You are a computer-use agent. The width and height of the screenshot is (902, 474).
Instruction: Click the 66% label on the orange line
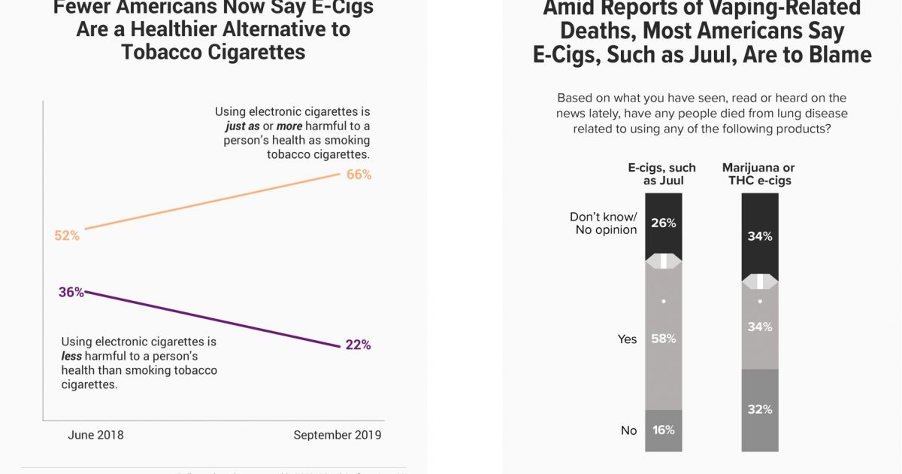[359, 175]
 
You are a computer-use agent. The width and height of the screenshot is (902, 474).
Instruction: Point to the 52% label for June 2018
[67, 235]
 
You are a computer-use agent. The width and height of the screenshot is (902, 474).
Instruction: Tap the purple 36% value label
[71, 292]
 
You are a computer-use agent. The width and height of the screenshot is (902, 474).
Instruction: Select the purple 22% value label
[358, 345]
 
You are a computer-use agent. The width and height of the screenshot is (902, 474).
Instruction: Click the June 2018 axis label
[95, 435]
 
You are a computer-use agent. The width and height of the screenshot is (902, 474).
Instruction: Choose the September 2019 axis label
[337, 435]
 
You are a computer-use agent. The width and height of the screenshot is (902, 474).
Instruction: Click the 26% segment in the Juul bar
[664, 223]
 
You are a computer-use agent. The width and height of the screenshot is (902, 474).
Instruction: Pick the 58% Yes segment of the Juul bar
[664, 339]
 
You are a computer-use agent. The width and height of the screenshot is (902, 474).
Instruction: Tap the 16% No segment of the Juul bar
[664, 430]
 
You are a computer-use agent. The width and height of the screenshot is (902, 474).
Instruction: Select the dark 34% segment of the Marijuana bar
[760, 236]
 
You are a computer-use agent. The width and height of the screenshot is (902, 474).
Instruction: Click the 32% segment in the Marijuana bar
[760, 410]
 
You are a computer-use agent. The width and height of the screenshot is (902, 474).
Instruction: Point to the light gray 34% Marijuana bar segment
[760, 327]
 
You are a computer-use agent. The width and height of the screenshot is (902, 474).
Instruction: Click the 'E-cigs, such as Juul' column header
[662, 174]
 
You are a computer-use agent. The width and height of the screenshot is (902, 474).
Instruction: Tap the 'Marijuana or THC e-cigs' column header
[758, 174]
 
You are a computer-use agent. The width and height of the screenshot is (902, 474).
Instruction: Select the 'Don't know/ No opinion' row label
[603, 223]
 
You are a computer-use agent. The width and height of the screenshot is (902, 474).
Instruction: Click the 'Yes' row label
[627, 339]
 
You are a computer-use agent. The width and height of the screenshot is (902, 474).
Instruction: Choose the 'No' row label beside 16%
[628, 430]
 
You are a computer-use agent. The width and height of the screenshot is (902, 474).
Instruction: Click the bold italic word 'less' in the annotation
[71, 356]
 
